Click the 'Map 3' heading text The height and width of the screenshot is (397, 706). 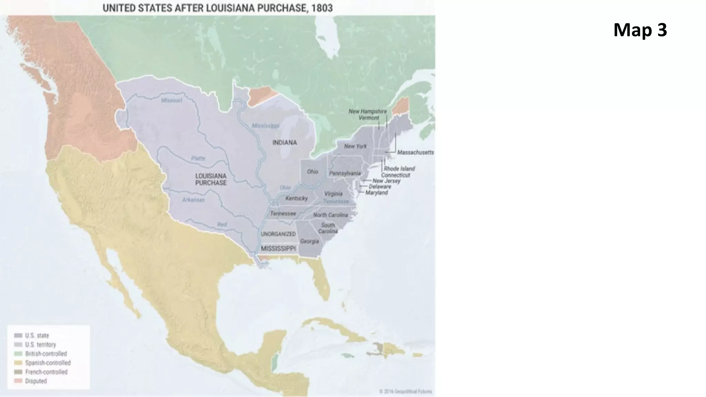(640, 30)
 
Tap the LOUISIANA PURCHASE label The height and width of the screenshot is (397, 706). (211, 179)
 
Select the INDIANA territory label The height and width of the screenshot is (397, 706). (284, 143)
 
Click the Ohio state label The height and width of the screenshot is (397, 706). (312, 172)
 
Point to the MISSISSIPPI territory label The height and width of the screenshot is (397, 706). (278, 248)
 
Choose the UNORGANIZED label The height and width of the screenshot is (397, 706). (278, 234)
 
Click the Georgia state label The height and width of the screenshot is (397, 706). (309, 241)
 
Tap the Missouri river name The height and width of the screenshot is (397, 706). (171, 101)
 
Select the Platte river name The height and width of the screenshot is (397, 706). (198, 159)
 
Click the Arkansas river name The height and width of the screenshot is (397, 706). (193, 200)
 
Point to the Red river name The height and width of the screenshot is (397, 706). (222, 225)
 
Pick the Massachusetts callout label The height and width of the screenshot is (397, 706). (415, 152)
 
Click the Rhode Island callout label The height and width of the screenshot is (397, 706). (399, 169)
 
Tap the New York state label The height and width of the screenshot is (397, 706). (355, 146)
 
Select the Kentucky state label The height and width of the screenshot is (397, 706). (296, 198)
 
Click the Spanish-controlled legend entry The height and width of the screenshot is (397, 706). (48, 363)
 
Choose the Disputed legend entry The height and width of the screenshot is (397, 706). (36, 381)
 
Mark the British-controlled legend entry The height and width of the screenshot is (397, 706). (46, 354)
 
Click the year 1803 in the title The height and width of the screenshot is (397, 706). (322, 8)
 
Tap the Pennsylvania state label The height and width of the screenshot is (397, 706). (345, 173)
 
